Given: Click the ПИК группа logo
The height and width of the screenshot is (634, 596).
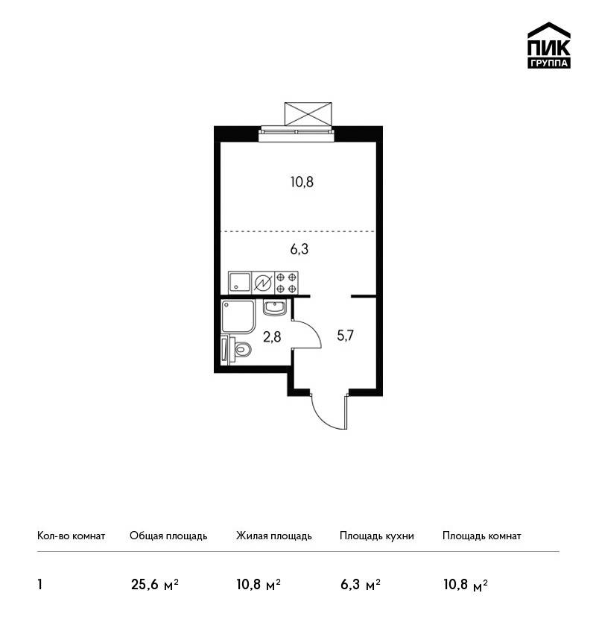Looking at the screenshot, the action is (549, 45).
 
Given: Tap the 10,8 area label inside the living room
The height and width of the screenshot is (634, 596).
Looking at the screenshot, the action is (302, 182).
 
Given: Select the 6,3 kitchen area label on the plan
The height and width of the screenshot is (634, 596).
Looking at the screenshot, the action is (299, 249).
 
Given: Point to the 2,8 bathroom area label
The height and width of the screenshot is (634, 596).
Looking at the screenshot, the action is (272, 336).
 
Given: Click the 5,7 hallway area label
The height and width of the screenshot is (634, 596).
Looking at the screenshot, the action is (345, 335).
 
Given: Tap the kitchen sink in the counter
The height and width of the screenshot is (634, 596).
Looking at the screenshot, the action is (240, 283).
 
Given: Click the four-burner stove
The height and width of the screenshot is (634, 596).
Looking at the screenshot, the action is (286, 283).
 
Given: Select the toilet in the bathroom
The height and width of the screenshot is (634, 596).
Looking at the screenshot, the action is (241, 349).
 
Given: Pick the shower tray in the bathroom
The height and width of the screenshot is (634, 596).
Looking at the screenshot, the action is (238, 316).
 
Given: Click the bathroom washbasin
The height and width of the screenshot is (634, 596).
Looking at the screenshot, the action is (275, 308).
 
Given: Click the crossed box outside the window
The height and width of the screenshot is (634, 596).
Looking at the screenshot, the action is (308, 114).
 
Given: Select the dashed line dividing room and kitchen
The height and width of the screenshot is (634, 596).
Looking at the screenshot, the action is (298, 231).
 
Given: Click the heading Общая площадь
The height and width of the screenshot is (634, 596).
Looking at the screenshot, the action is (168, 536).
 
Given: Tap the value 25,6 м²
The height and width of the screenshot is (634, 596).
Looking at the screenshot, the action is (155, 585).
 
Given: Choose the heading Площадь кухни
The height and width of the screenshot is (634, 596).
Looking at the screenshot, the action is (377, 536).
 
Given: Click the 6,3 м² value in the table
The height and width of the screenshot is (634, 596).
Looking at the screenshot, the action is (360, 585).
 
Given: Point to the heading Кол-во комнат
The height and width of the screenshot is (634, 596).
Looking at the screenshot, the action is (71, 536).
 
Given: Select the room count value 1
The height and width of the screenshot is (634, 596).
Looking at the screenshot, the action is (39, 585).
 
